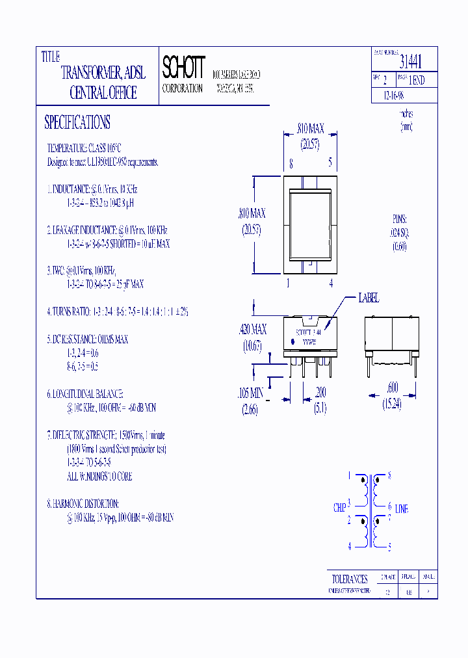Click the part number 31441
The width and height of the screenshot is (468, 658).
click(x=410, y=62)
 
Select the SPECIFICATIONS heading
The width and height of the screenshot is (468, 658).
click(x=77, y=122)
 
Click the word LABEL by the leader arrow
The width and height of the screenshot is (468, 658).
click(x=369, y=298)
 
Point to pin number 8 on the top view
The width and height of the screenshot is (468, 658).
click(x=291, y=165)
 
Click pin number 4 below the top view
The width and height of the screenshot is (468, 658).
click(x=331, y=283)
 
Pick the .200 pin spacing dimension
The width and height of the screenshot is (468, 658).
click(x=320, y=392)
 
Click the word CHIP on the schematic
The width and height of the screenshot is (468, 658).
click(x=339, y=508)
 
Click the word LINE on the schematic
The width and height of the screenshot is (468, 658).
click(x=402, y=508)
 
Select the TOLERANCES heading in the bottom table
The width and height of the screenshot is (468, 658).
click(x=350, y=578)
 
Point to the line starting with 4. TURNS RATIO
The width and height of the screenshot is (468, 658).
click(x=117, y=311)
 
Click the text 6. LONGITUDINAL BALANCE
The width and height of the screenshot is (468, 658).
click(x=84, y=394)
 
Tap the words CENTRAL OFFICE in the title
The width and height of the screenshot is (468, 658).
click(x=103, y=92)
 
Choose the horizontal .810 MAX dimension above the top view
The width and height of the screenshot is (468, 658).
click(x=310, y=129)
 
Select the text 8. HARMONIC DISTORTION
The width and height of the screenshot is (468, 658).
click(x=83, y=504)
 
